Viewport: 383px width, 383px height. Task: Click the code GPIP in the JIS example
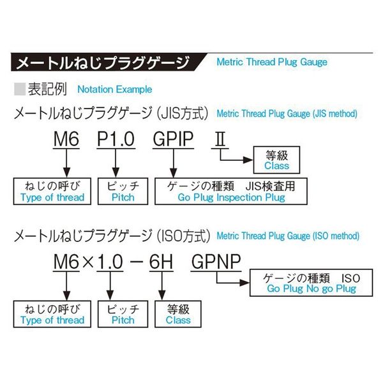pyautogui.click(x=173, y=139)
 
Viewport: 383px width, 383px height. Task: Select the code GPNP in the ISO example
pyautogui.click(x=216, y=262)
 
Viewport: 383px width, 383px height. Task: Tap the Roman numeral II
pyautogui.click(x=220, y=139)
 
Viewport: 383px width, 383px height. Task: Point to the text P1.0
pyautogui.click(x=116, y=139)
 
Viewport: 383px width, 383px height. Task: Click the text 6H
pyautogui.click(x=161, y=262)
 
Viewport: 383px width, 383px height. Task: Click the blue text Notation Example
pyautogui.click(x=114, y=89)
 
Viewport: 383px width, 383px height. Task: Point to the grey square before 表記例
pyautogui.click(x=20, y=89)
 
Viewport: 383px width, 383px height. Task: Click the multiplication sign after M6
pyautogui.click(x=88, y=262)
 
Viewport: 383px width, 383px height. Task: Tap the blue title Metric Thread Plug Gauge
pyautogui.click(x=272, y=62)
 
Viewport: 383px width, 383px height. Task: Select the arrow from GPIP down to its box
pyautogui.click(x=173, y=163)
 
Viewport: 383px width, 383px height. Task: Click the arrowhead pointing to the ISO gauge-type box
pyautogui.click(x=244, y=283)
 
